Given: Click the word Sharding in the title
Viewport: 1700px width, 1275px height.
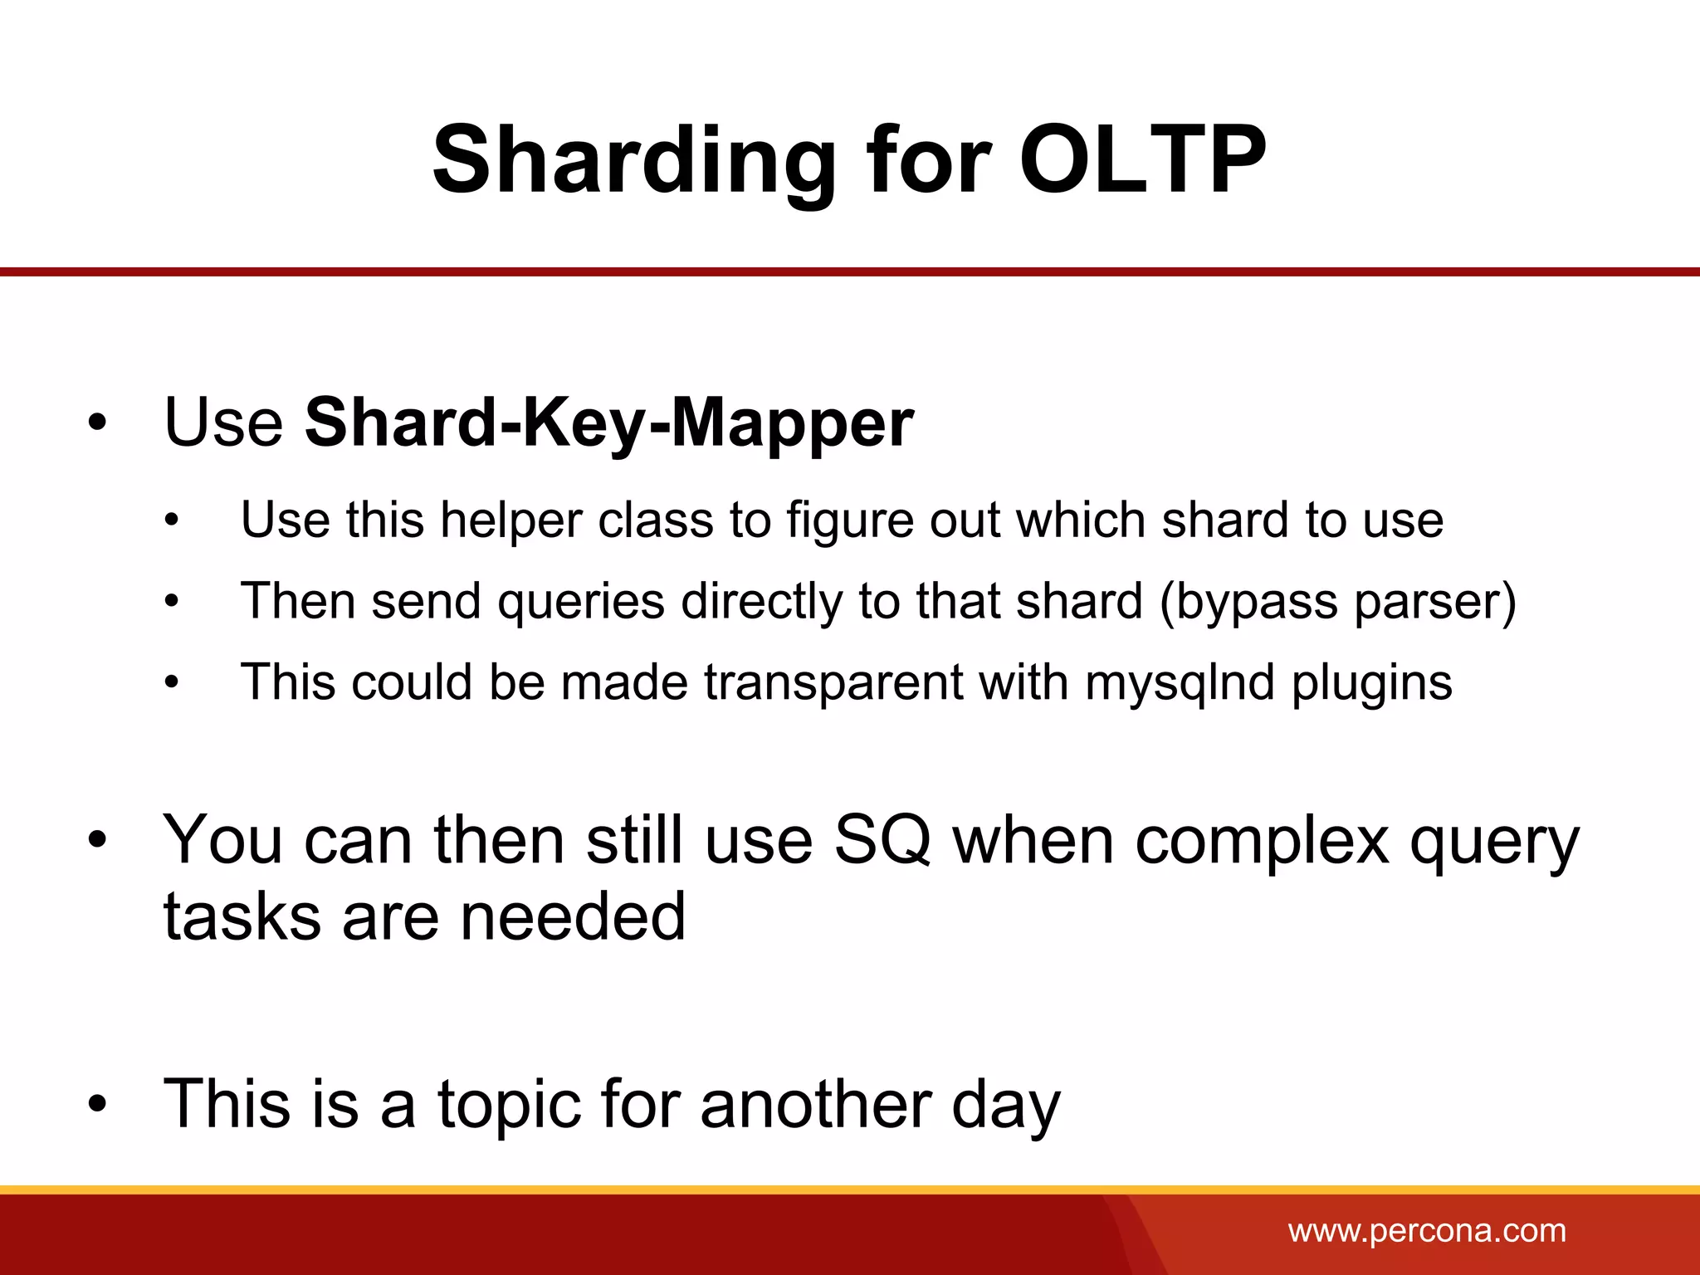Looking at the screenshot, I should point(634,159).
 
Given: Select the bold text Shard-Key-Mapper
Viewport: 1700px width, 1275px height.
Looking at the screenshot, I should point(608,423).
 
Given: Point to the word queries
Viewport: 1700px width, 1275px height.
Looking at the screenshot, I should point(581,601).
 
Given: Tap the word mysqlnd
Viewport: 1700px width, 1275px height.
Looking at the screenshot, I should point(1179,682).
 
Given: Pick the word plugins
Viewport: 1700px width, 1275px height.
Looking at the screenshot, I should point(1371,682).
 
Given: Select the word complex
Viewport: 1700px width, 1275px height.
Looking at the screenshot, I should point(1262,840).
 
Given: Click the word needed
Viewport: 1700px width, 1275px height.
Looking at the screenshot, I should point(573,917).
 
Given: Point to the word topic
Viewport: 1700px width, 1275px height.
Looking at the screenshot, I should point(508,1104).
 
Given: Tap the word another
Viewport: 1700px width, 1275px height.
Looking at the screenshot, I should point(815,1104).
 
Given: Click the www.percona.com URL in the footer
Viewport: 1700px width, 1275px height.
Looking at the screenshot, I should point(1427,1230).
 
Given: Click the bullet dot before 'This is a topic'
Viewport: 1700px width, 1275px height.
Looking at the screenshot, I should point(98,1105).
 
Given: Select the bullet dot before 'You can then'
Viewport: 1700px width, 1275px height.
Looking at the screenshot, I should point(98,841).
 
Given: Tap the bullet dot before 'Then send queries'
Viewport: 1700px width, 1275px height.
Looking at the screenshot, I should point(172,602).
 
